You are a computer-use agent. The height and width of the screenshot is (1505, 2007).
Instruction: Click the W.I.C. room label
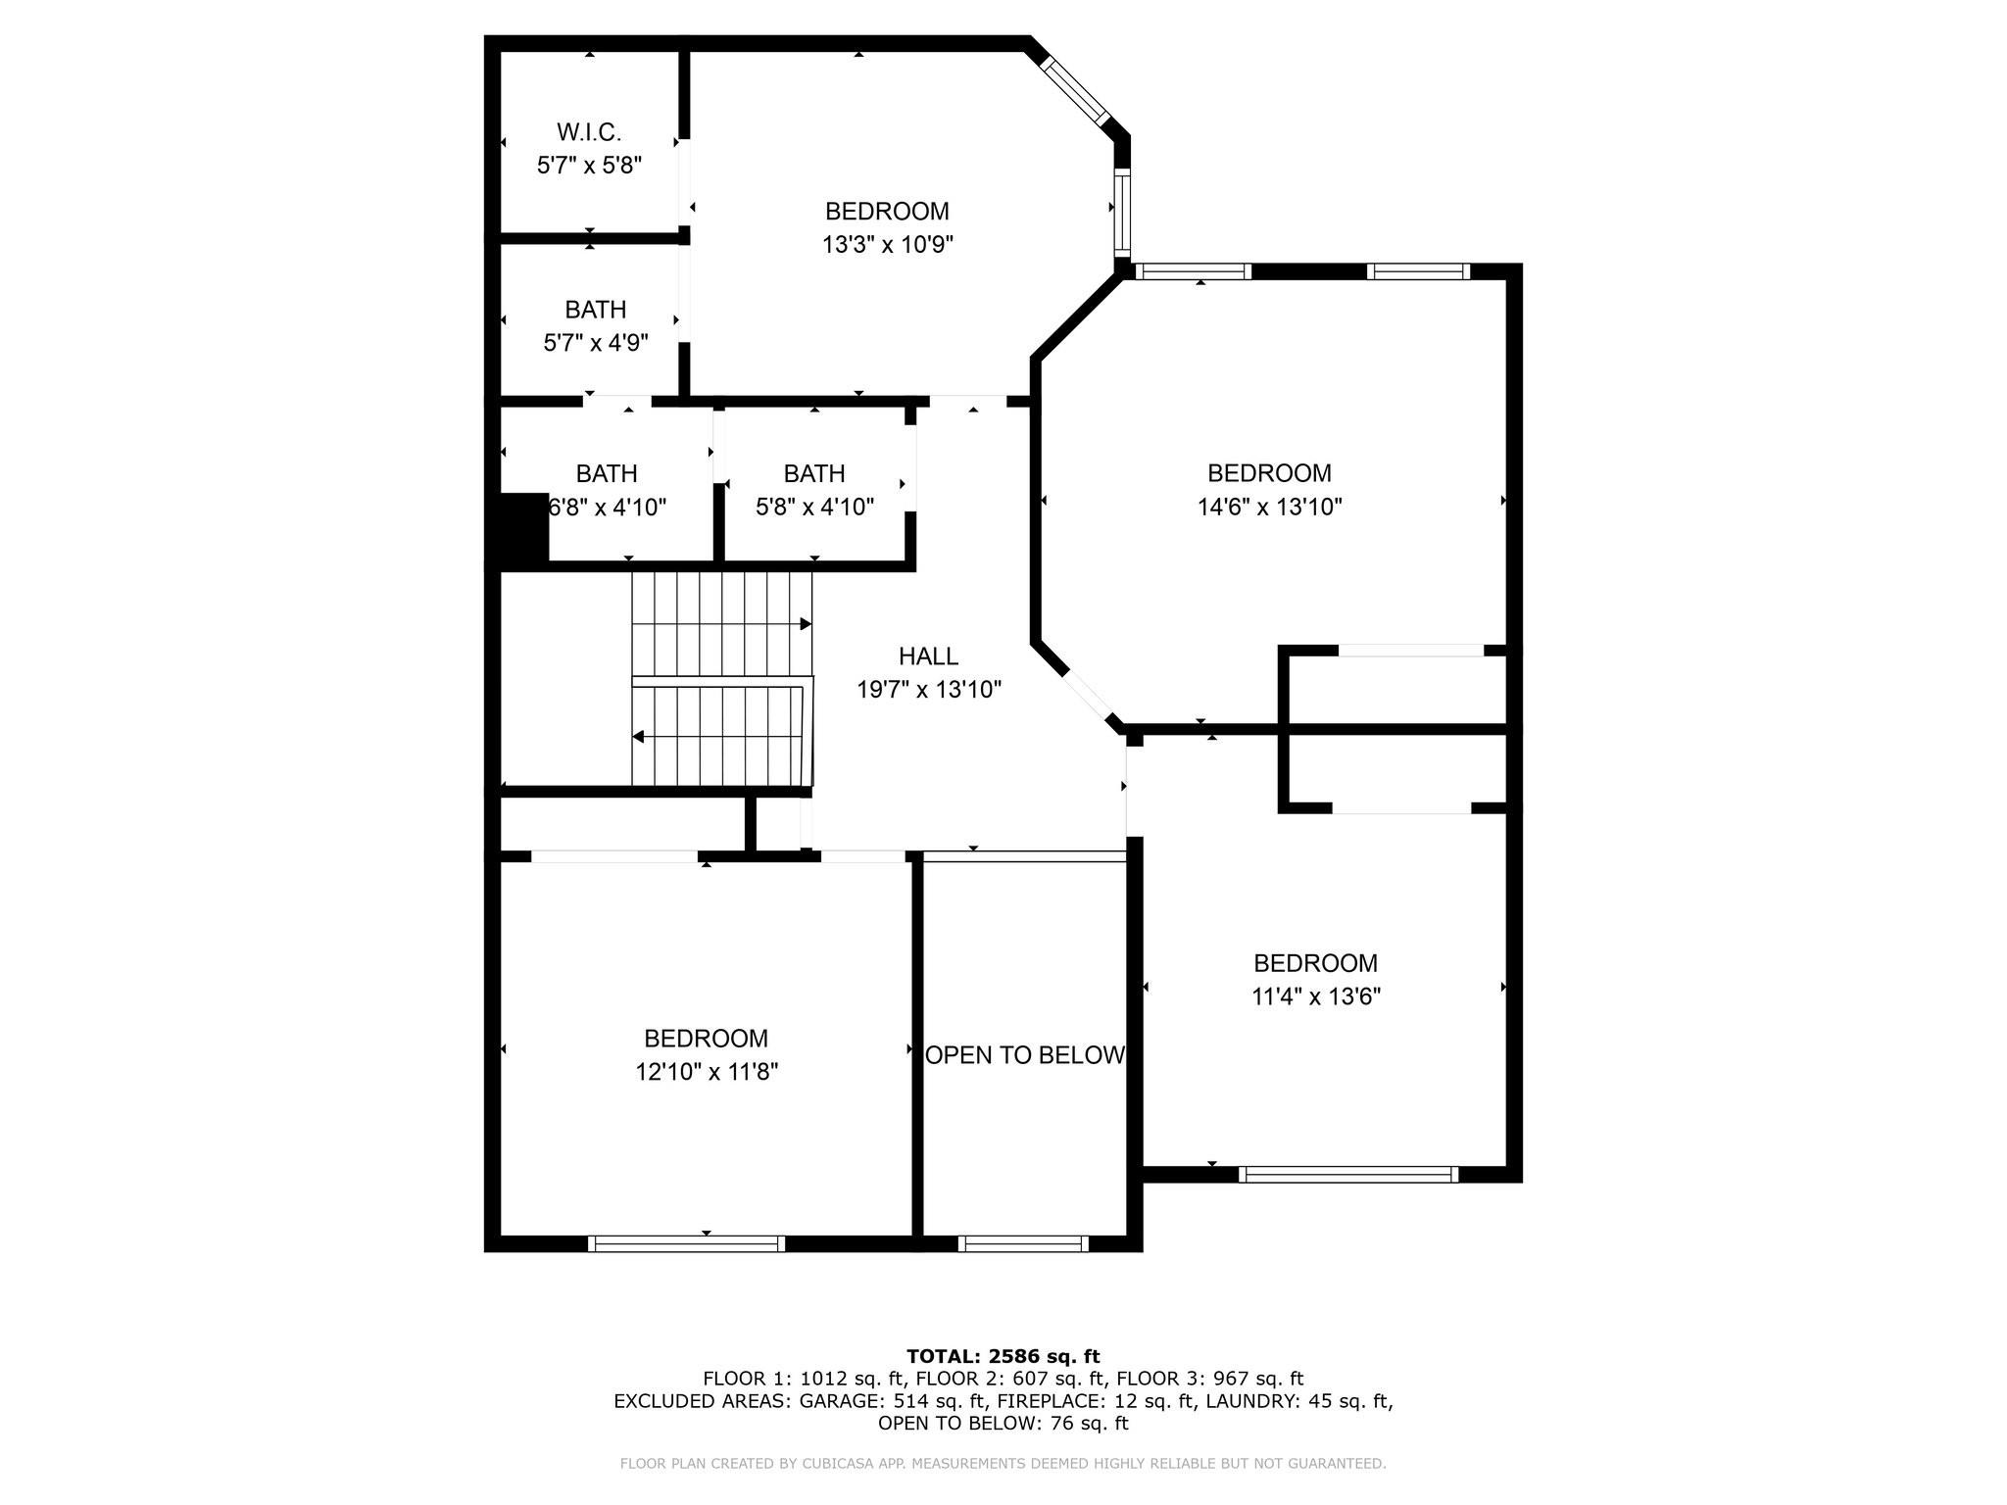[x=589, y=132]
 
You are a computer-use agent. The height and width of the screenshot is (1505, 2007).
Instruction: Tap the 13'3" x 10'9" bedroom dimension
[x=887, y=245]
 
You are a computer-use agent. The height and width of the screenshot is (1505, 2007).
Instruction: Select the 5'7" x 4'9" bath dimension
[x=596, y=343]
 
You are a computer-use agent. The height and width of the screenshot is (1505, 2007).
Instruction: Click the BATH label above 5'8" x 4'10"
[x=813, y=474]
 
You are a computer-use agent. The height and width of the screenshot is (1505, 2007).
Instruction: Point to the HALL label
[x=928, y=656]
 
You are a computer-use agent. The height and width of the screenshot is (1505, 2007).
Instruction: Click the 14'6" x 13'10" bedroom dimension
[x=1269, y=507]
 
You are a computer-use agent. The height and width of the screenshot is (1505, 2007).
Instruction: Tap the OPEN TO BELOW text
[x=1025, y=1055]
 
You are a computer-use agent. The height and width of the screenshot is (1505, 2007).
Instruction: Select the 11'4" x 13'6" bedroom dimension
[x=1316, y=996]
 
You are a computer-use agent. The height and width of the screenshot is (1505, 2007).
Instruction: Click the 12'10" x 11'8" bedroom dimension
[x=707, y=1072]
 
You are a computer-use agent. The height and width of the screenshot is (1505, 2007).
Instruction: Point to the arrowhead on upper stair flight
[x=806, y=624]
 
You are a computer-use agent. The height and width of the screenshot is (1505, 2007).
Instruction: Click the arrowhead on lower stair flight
[x=638, y=737]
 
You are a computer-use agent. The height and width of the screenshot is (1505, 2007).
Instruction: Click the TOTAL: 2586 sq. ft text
[x=1003, y=1356]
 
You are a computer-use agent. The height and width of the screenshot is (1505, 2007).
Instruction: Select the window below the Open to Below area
[x=1023, y=1243]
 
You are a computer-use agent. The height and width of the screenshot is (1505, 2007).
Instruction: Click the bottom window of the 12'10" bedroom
[x=686, y=1243]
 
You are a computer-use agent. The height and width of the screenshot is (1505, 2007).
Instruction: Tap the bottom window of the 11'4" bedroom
[x=1348, y=1174]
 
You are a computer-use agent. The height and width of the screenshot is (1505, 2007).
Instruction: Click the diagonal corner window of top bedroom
[x=1074, y=90]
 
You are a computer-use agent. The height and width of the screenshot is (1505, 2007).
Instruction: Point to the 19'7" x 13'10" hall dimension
[x=929, y=690]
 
